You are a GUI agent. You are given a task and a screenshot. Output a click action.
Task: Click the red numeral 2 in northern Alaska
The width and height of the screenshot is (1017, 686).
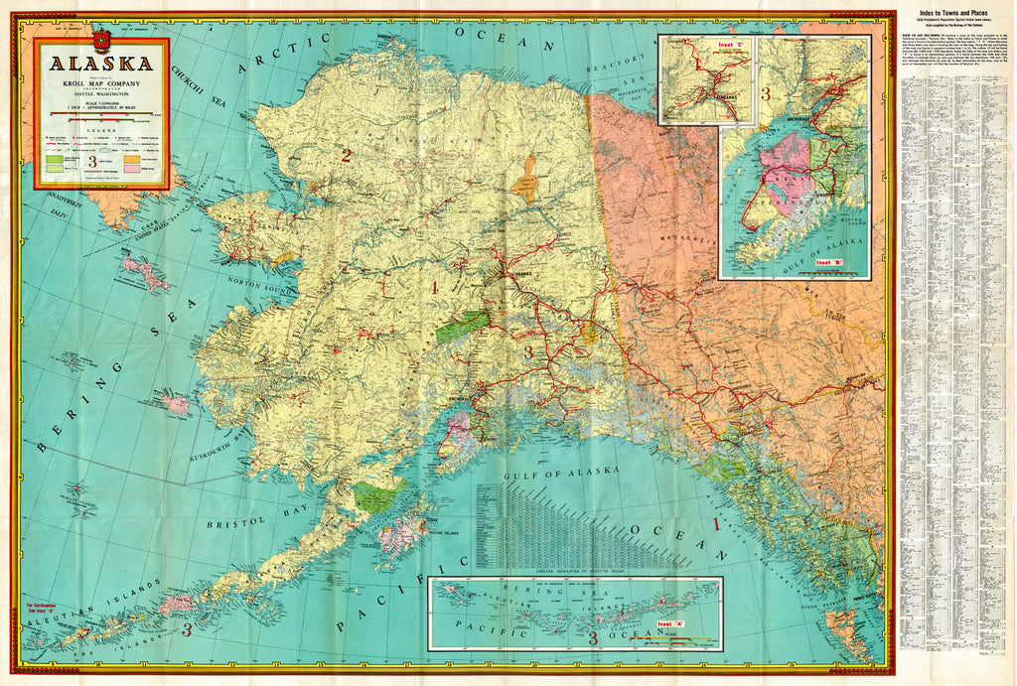point(346,155)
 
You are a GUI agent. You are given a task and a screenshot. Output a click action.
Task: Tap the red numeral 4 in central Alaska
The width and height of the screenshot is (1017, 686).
point(432,288)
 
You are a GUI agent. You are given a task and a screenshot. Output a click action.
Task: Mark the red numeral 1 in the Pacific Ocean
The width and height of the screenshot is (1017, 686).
point(718,523)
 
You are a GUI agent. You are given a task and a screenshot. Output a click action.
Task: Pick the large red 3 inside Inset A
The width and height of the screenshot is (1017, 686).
point(593,638)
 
